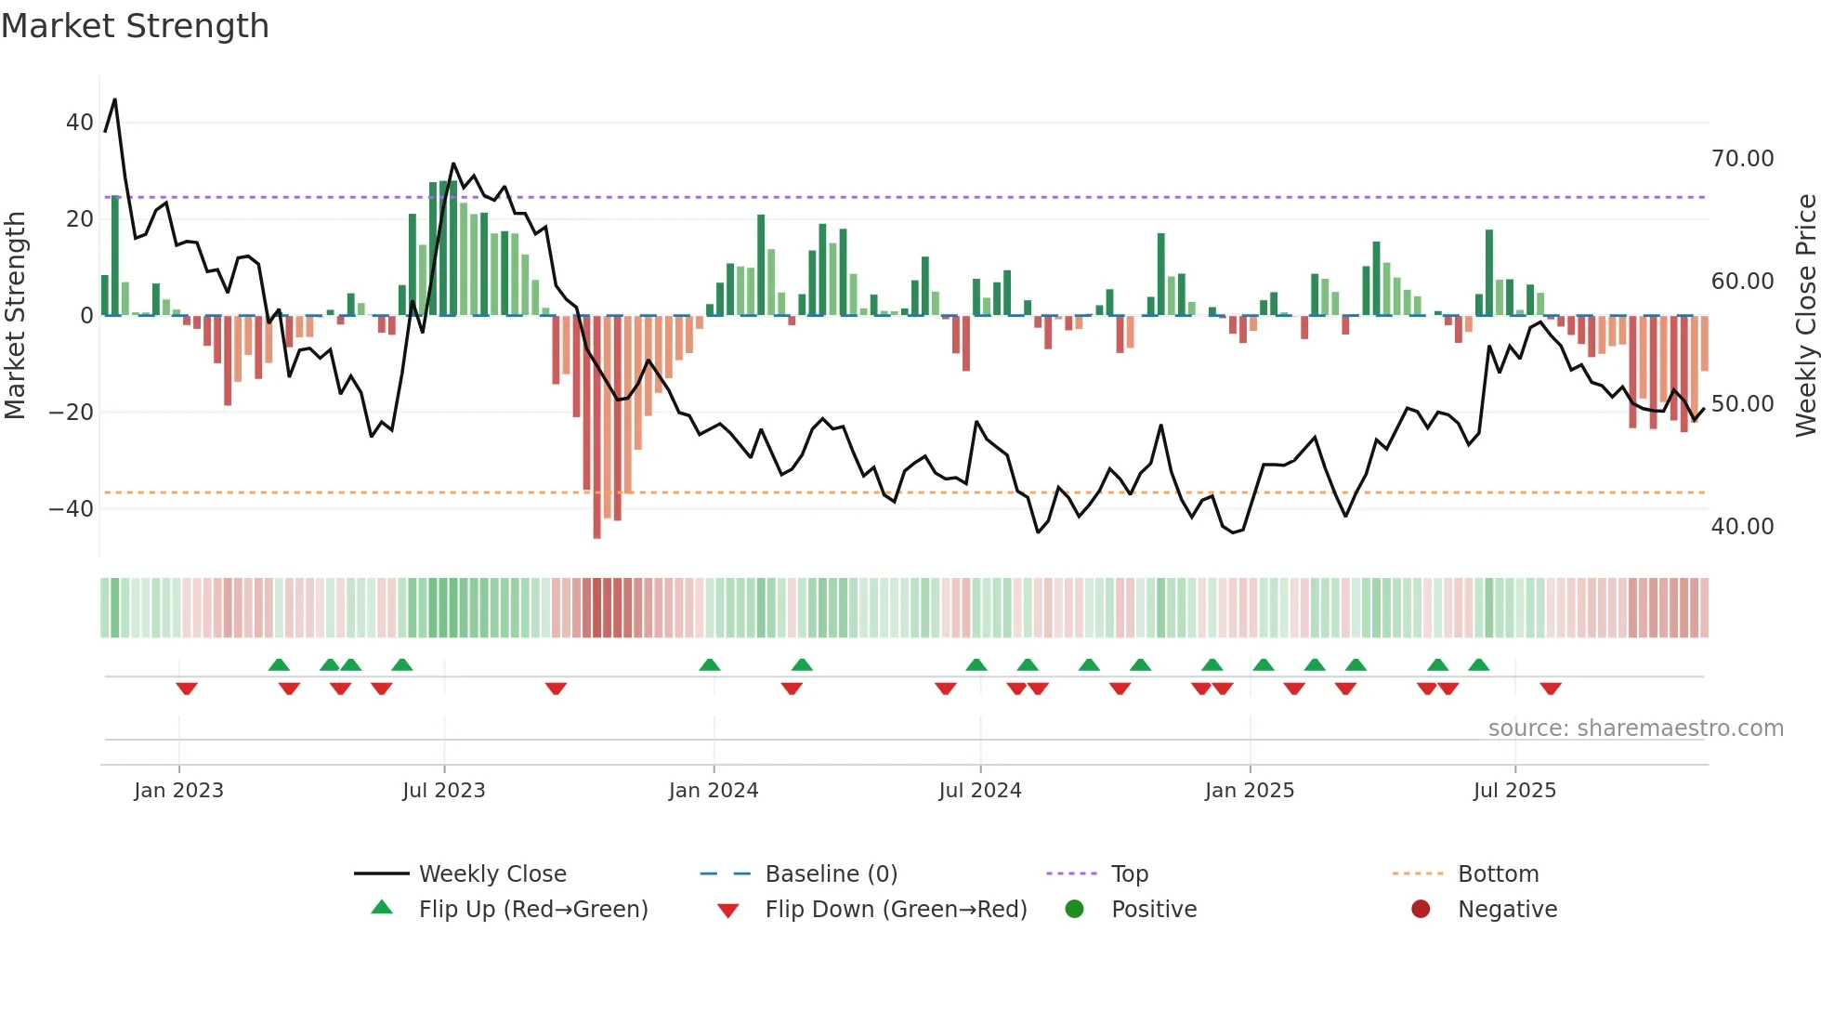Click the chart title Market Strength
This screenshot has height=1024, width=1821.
click(135, 26)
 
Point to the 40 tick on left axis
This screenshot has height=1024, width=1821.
click(80, 123)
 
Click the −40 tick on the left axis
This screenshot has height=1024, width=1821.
click(72, 508)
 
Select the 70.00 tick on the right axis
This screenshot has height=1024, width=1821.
click(1742, 159)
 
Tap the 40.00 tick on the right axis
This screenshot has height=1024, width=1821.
click(1742, 527)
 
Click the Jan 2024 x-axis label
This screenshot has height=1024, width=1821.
click(713, 791)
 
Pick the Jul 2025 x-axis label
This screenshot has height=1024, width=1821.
click(1513, 791)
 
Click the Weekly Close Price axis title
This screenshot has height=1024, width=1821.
click(1805, 315)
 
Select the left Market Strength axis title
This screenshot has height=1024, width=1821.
click(15, 315)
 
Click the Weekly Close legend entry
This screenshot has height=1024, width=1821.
click(491, 874)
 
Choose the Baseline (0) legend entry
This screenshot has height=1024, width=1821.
click(831, 874)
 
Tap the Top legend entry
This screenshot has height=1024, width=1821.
click(1129, 874)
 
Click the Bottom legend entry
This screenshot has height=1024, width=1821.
click(1498, 874)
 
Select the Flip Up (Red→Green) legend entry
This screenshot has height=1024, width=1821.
click(532, 910)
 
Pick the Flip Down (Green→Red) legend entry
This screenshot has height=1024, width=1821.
click(896, 910)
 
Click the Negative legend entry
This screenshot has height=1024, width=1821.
click(1506, 910)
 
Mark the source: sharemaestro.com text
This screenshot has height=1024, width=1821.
click(1635, 729)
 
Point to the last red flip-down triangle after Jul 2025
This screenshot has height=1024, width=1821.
click(1550, 689)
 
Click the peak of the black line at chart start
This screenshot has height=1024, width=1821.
click(114, 99)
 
